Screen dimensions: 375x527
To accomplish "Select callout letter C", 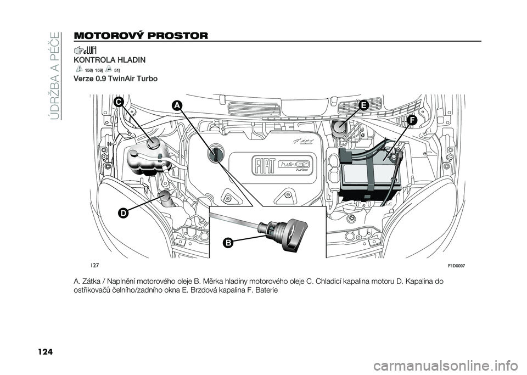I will pos(119,103).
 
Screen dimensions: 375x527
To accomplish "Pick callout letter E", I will pos(362,106).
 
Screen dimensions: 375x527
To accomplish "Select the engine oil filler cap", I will pos(216,154).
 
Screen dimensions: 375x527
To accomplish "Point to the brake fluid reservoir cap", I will pos(338,130).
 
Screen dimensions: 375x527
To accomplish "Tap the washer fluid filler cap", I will pos(163,196).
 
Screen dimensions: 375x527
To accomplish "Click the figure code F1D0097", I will pos(456,265).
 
